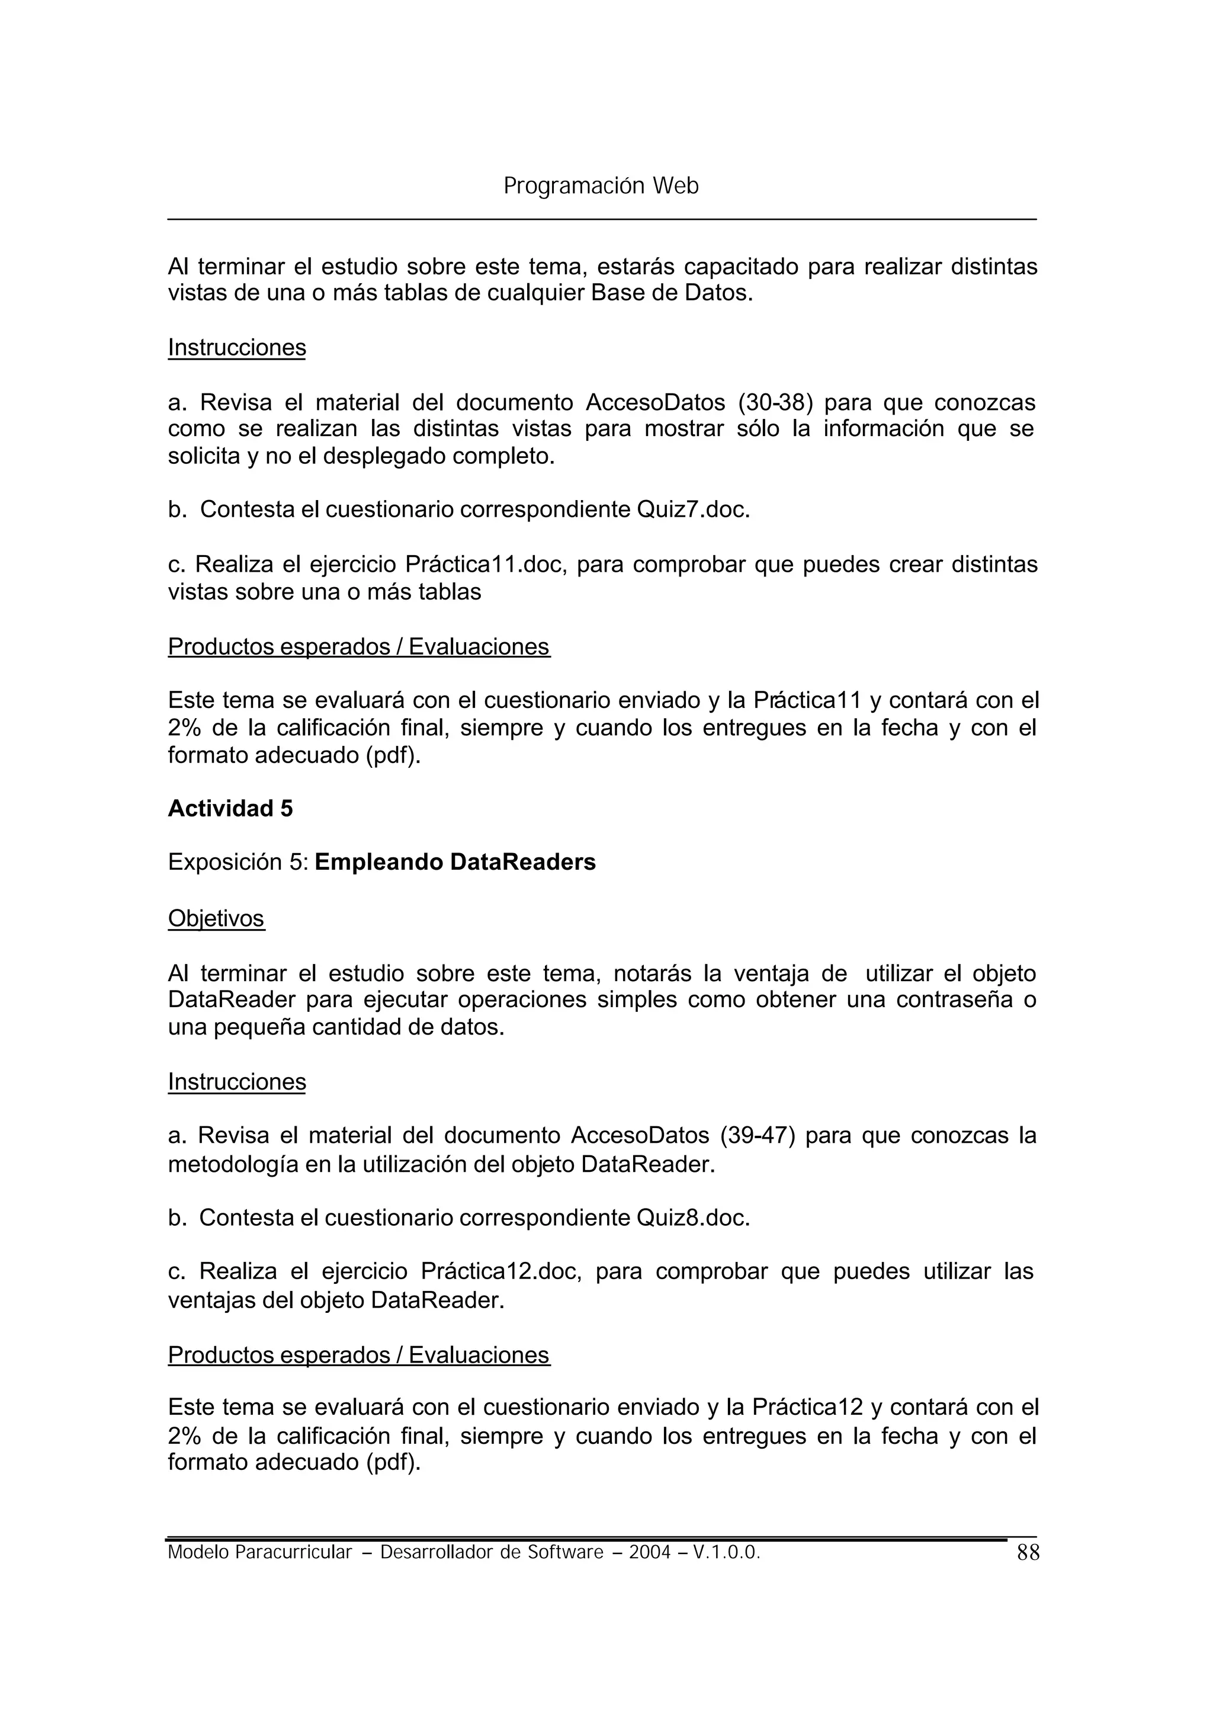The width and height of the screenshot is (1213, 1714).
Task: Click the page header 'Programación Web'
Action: pyautogui.click(x=601, y=186)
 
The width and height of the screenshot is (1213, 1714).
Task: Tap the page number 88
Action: pyautogui.click(x=1028, y=1553)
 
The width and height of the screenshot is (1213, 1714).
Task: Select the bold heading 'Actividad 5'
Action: pyautogui.click(x=230, y=809)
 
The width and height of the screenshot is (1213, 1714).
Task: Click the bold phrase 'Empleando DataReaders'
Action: pyautogui.click(x=455, y=862)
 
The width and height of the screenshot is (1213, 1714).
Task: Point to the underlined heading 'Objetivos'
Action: pyautogui.click(x=216, y=918)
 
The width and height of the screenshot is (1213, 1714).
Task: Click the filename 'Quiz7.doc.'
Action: pyautogui.click(x=692, y=510)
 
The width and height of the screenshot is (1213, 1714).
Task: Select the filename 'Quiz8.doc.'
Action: pyautogui.click(x=692, y=1218)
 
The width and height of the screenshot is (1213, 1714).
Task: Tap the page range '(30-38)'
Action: pyautogui.click(x=775, y=403)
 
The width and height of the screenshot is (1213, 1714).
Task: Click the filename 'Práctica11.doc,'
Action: pyautogui.click(x=486, y=564)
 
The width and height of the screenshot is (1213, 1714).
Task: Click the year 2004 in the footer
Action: pyautogui.click(x=650, y=1553)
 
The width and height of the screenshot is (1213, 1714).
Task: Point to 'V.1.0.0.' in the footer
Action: pyautogui.click(x=726, y=1553)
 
